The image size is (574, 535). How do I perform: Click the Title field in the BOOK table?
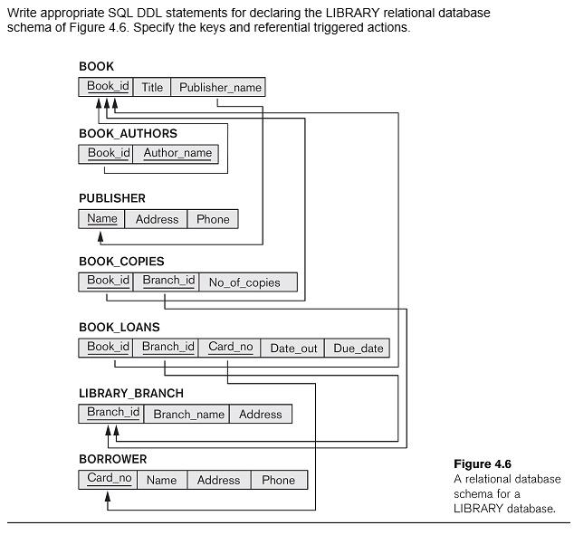[x=152, y=87]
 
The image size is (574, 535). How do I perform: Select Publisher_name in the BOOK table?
[x=220, y=87]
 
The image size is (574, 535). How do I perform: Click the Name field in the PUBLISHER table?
[x=102, y=218]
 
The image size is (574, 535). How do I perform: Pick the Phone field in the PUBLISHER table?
[x=213, y=219]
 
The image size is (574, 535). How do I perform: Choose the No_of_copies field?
[x=244, y=282]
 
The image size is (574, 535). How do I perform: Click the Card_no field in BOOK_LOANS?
[x=231, y=348]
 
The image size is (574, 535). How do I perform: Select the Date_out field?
[x=293, y=348]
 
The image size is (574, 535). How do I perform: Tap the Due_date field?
[x=358, y=348]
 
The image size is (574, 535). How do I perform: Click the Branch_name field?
[x=188, y=414]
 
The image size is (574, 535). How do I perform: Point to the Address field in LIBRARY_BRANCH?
[x=261, y=414]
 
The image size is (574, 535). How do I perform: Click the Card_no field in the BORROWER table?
[x=110, y=479]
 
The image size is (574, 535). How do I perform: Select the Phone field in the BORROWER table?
[x=278, y=480]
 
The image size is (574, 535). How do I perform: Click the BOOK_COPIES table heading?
[x=121, y=262]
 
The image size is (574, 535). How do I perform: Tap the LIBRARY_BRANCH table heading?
[x=130, y=393]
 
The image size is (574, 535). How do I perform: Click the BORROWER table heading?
[x=112, y=459]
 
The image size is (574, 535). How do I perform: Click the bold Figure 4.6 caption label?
[x=483, y=464]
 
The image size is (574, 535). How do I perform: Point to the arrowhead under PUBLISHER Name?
[x=100, y=235]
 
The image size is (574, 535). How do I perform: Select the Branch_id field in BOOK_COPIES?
[x=168, y=282]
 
